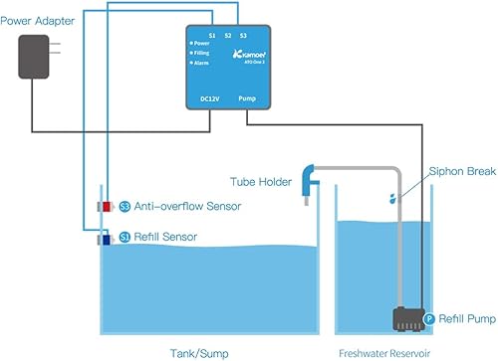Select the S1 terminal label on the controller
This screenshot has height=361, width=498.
click(211, 35)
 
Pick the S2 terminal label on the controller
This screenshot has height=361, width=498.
click(228, 35)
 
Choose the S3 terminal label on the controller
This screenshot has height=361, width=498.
click(244, 35)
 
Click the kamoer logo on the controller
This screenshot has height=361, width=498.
click(245, 48)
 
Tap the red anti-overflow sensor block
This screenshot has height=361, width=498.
click(104, 206)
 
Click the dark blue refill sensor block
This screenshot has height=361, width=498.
click(104, 238)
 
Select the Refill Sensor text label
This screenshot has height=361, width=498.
click(164, 237)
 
